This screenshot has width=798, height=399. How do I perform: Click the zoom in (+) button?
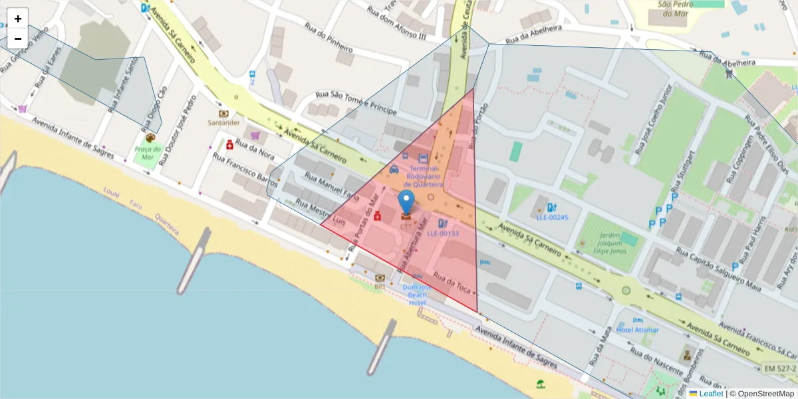coord(18,19)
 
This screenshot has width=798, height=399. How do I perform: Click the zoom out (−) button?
coord(18,39)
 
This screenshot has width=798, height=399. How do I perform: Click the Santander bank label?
coord(223,122)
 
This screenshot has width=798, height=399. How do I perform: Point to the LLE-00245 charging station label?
coord(553,217)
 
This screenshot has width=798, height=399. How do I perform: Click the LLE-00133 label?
coord(442,233)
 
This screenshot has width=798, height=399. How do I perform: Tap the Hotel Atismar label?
coord(637,330)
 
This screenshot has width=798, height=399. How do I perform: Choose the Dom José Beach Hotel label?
coord(417,295)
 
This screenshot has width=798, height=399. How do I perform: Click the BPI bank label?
coord(380,287)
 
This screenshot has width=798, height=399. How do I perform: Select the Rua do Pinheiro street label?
coord(329,38)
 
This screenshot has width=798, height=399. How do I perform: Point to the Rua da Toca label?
coord(452,284)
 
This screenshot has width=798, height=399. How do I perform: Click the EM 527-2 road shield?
coord(779,368)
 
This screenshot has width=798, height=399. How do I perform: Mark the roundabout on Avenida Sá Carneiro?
coord(626,290)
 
